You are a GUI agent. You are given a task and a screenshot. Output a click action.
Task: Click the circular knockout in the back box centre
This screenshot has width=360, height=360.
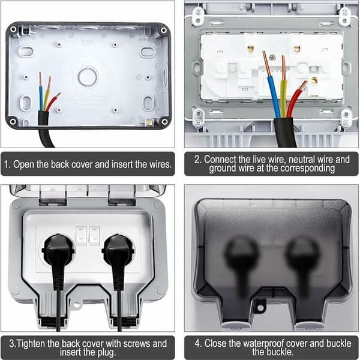coord(88,77)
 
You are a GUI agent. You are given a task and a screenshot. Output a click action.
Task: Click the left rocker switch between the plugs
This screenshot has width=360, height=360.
coord(81,236)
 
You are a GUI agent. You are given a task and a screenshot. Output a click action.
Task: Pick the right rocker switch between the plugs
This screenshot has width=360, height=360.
coord(94,236)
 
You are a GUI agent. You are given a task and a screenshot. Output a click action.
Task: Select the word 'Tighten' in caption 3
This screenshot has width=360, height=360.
coord(31,343)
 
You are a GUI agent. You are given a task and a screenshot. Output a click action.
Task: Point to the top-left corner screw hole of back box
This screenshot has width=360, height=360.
coord(13,29)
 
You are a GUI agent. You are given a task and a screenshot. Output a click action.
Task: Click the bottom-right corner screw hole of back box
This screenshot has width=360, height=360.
coord(164,121)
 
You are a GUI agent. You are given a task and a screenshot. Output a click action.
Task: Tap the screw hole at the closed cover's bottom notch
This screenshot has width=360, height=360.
coord(260,308)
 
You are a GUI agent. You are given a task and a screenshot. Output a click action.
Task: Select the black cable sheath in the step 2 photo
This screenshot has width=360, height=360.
coord(284,132)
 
